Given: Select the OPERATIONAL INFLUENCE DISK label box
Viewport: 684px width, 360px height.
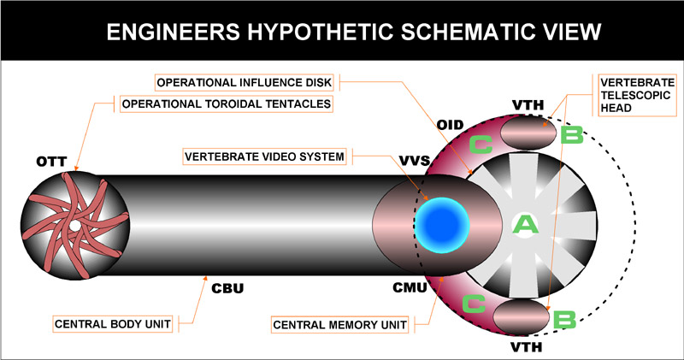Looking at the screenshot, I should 247,82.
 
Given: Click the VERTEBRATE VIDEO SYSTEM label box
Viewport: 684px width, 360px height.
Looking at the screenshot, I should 264,156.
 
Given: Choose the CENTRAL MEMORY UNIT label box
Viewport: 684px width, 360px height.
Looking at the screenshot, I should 341,325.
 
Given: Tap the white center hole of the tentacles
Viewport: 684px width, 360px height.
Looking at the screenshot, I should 74,225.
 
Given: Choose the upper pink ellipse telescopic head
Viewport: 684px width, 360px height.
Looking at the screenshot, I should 523,134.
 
